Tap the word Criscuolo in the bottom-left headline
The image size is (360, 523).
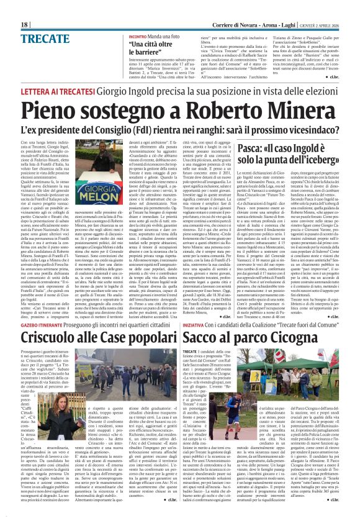click(56, 339)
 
